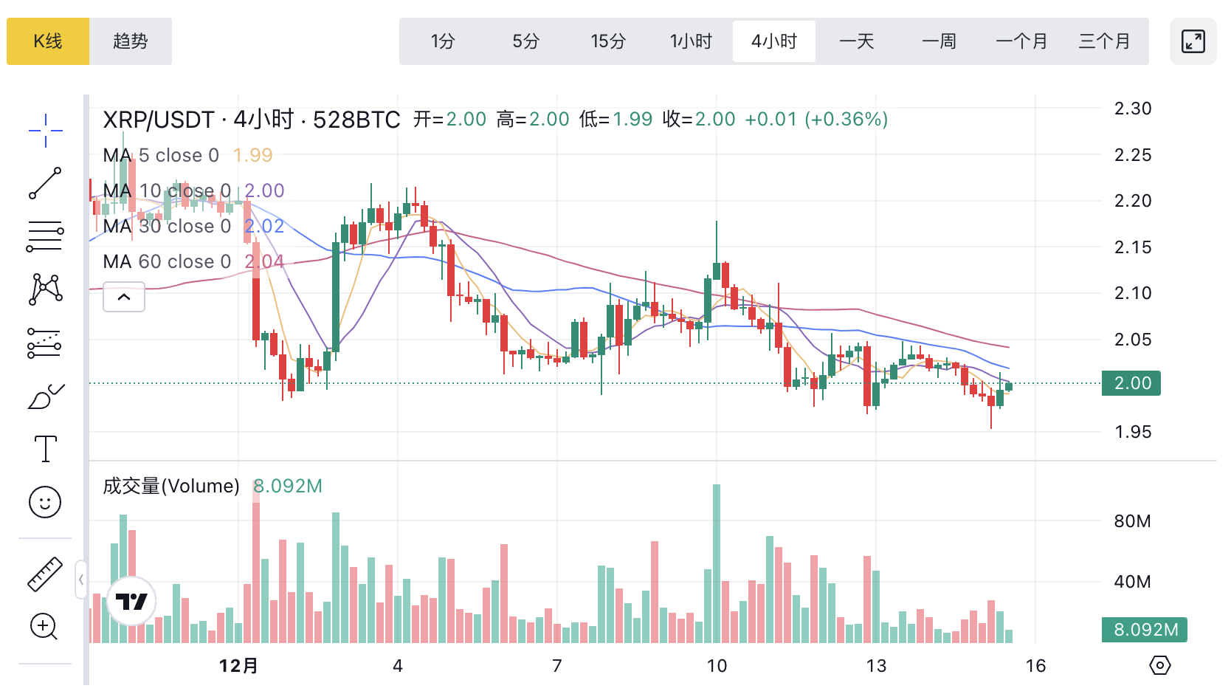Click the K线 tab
pos(48,41)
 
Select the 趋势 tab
pos(131,41)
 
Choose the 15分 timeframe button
pos(608,41)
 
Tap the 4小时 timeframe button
pos(774,41)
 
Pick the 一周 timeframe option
pos(939,41)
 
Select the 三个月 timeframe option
pos(1104,41)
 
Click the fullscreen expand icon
pos(1193,41)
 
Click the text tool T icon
pos(46,448)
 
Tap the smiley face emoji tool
pos(45,502)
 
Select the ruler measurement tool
pos(45,574)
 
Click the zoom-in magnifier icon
pos(44,627)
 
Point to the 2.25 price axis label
pos(1133,155)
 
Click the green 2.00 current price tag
pos(1131,383)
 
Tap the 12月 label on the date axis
pos(238,666)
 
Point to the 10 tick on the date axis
pos(717,666)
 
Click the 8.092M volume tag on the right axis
pos(1145,630)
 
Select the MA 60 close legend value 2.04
pos(264,261)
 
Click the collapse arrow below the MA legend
pos(124,297)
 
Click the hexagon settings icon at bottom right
pos(1159,665)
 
